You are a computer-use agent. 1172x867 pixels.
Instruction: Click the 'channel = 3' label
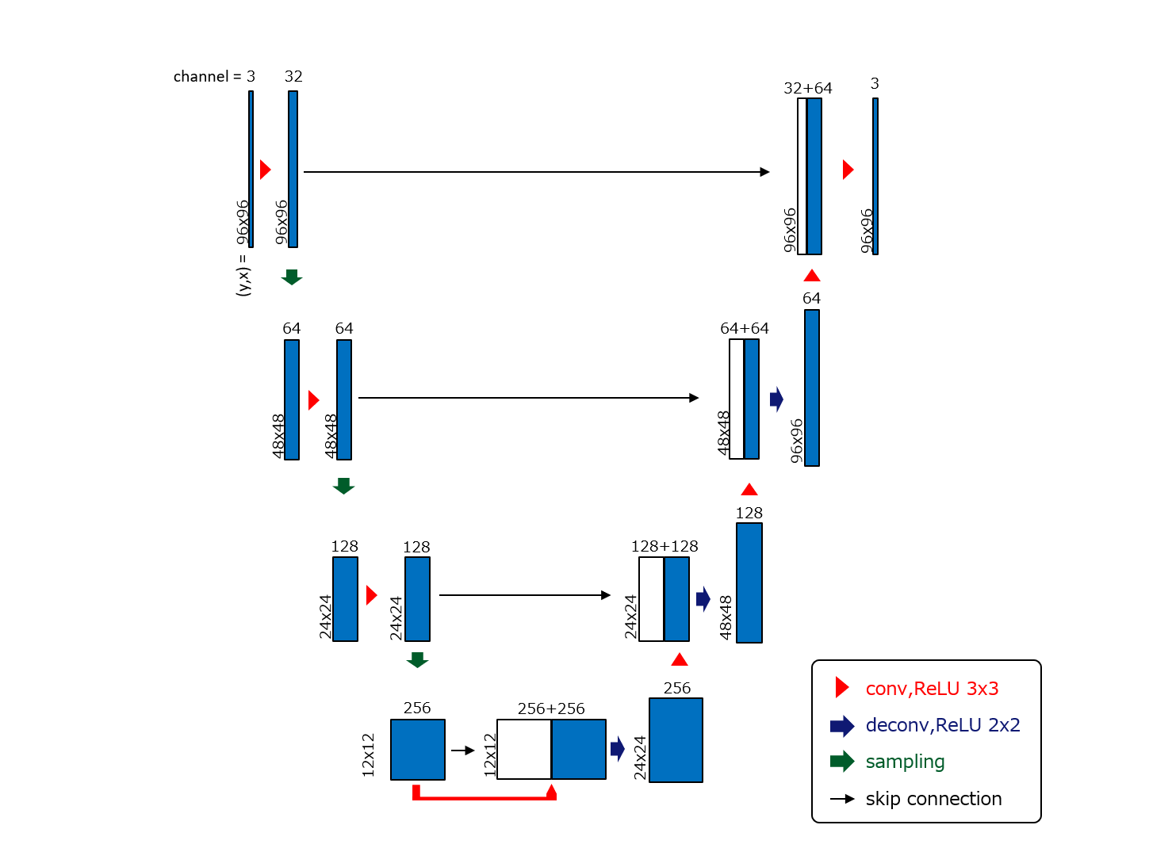click(214, 77)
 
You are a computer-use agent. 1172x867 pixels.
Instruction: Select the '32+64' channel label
click(807, 88)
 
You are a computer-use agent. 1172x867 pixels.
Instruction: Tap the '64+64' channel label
click(744, 328)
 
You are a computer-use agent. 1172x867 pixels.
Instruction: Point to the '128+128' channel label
click(664, 546)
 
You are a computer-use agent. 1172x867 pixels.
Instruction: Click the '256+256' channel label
click(550, 708)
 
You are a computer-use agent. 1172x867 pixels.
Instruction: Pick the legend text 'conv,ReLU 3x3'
click(932, 689)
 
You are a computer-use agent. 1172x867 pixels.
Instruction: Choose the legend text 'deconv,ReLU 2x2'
click(942, 725)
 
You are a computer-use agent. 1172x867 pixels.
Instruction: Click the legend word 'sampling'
click(905, 762)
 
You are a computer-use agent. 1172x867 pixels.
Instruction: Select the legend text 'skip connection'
click(933, 799)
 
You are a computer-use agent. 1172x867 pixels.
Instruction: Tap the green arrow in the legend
click(842, 762)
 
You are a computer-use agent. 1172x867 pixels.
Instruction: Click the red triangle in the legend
click(842, 688)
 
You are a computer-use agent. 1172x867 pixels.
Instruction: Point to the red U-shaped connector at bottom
click(484, 796)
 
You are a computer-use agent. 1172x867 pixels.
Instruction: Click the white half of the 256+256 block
click(523, 749)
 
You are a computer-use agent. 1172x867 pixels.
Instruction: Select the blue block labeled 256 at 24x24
click(676, 740)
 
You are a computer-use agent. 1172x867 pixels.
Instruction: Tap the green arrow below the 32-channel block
click(292, 277)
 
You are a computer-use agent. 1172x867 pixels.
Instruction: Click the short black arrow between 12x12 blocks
click(462, 751)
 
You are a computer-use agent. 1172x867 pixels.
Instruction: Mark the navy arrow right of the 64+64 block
click(776, 399)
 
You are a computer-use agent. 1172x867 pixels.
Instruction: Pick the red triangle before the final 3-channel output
click(848, 170)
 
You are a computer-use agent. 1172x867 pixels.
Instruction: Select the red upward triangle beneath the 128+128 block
click(679, 659)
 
